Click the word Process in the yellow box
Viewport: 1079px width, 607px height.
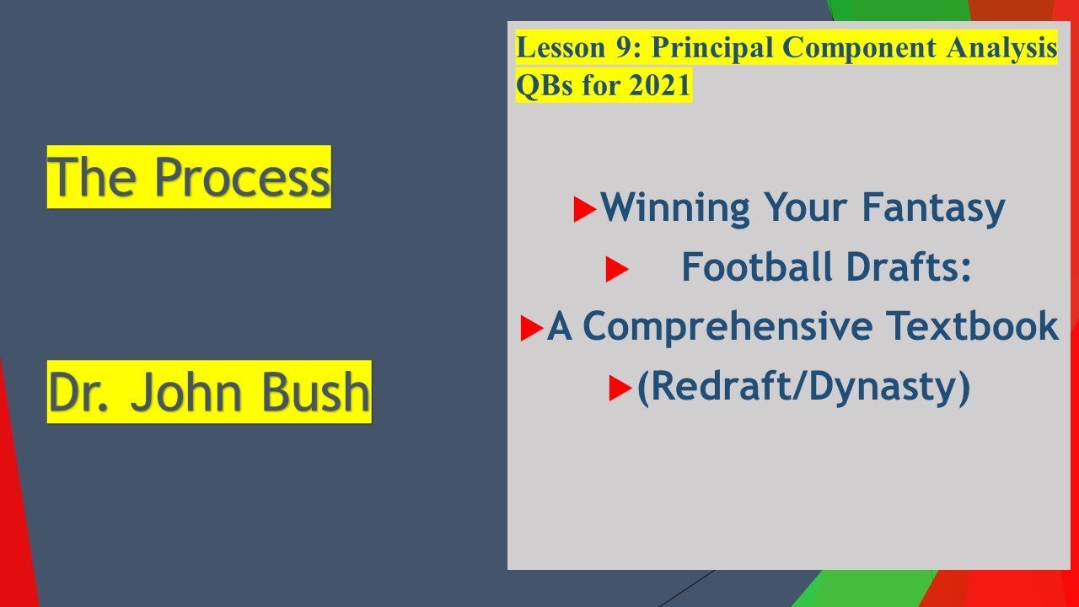tap(242, 177)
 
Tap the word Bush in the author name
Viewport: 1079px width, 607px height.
tap(315, 392)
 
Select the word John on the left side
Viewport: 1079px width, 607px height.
tap(186, 392)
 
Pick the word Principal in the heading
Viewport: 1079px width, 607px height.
tap(713, 48)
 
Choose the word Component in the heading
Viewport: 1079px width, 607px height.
tap(859, 48)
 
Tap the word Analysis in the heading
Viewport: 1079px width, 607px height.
tap(1001, 48)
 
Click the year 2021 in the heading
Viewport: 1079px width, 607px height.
tap(660, 85)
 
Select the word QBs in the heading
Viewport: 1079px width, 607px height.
tap(545, 86)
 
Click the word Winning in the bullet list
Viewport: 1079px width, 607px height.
tap(675, 207)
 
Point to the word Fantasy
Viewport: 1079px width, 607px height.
tap(933, 208)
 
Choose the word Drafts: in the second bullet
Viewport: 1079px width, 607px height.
tap(909, 266)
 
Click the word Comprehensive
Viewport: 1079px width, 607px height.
tap(727, 326)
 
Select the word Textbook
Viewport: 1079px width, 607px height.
tap(973, 325)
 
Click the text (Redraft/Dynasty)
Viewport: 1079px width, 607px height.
tap(803, 387)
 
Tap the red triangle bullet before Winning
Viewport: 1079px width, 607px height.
tap(585, 210)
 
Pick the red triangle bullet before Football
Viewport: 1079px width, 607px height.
tap(616, 269)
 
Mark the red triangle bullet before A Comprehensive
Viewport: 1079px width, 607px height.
tap(532, 329)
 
